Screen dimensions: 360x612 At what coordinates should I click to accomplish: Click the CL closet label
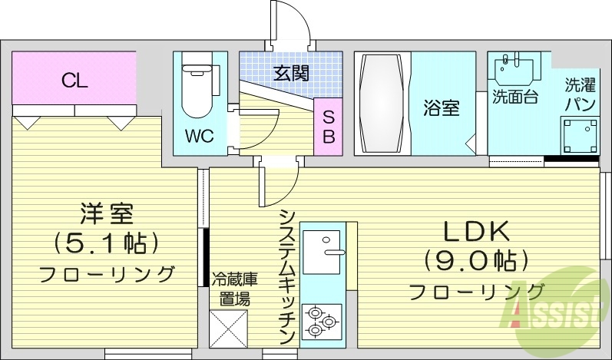tap(74, 80)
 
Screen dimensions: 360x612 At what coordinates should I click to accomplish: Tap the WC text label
tap(199, 137)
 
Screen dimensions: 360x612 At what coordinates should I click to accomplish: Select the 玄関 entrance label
tap(291, 74)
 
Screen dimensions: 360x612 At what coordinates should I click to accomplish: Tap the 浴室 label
tap(442, 108)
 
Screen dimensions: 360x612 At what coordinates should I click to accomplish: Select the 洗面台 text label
tap(514, 97)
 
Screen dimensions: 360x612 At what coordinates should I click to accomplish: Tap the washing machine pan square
tap(579, 136)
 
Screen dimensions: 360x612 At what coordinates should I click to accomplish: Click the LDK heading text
tap(475, 231)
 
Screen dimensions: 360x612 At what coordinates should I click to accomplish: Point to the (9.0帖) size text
tap(475, 261)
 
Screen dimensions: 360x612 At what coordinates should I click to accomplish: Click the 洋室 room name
tap(107, 213)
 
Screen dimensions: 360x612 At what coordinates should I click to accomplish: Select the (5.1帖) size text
tap(107, 243)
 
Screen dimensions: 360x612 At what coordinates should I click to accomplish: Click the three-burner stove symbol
tap(321, 321)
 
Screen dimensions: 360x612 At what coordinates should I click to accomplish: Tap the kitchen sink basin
tap(321, 251)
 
